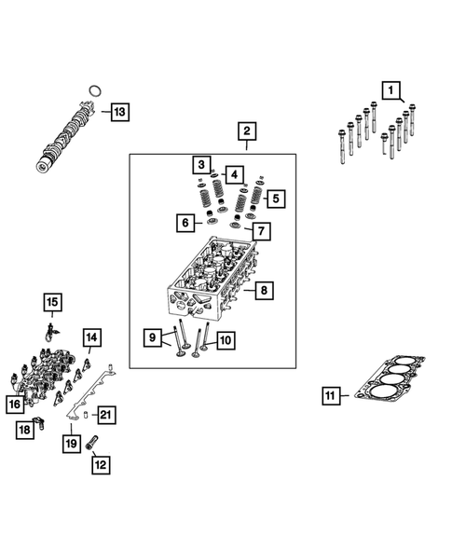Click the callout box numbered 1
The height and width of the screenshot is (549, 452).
coord(391,90)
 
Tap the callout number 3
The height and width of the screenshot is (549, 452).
coord(200,166)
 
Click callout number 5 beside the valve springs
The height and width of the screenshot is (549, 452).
coord(274,198)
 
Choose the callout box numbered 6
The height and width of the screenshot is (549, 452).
coord(186,223)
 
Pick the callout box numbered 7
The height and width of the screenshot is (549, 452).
coord(262,230)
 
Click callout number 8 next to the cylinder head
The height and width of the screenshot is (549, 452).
coord(264,292)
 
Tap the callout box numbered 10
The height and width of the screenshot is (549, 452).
coord(225,341)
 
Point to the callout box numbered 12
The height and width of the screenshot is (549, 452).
coord(100,462)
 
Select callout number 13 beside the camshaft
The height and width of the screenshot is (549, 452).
coord(118,113)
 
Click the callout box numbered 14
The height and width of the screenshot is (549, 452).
coord(90,336)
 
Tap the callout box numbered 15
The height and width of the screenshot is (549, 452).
coord(53,301)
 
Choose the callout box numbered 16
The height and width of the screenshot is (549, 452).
coord(14,405)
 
